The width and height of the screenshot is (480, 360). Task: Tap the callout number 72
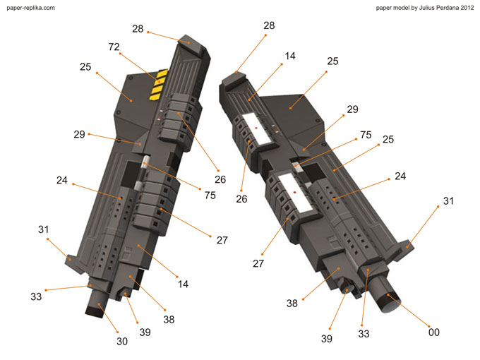point(114,47)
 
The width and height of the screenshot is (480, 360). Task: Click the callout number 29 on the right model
point(352,110)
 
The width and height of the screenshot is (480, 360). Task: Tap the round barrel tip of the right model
point(390,302)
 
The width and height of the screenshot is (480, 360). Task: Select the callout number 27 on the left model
point(222,240)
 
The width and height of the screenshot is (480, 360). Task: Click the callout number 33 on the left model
point(35,296)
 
